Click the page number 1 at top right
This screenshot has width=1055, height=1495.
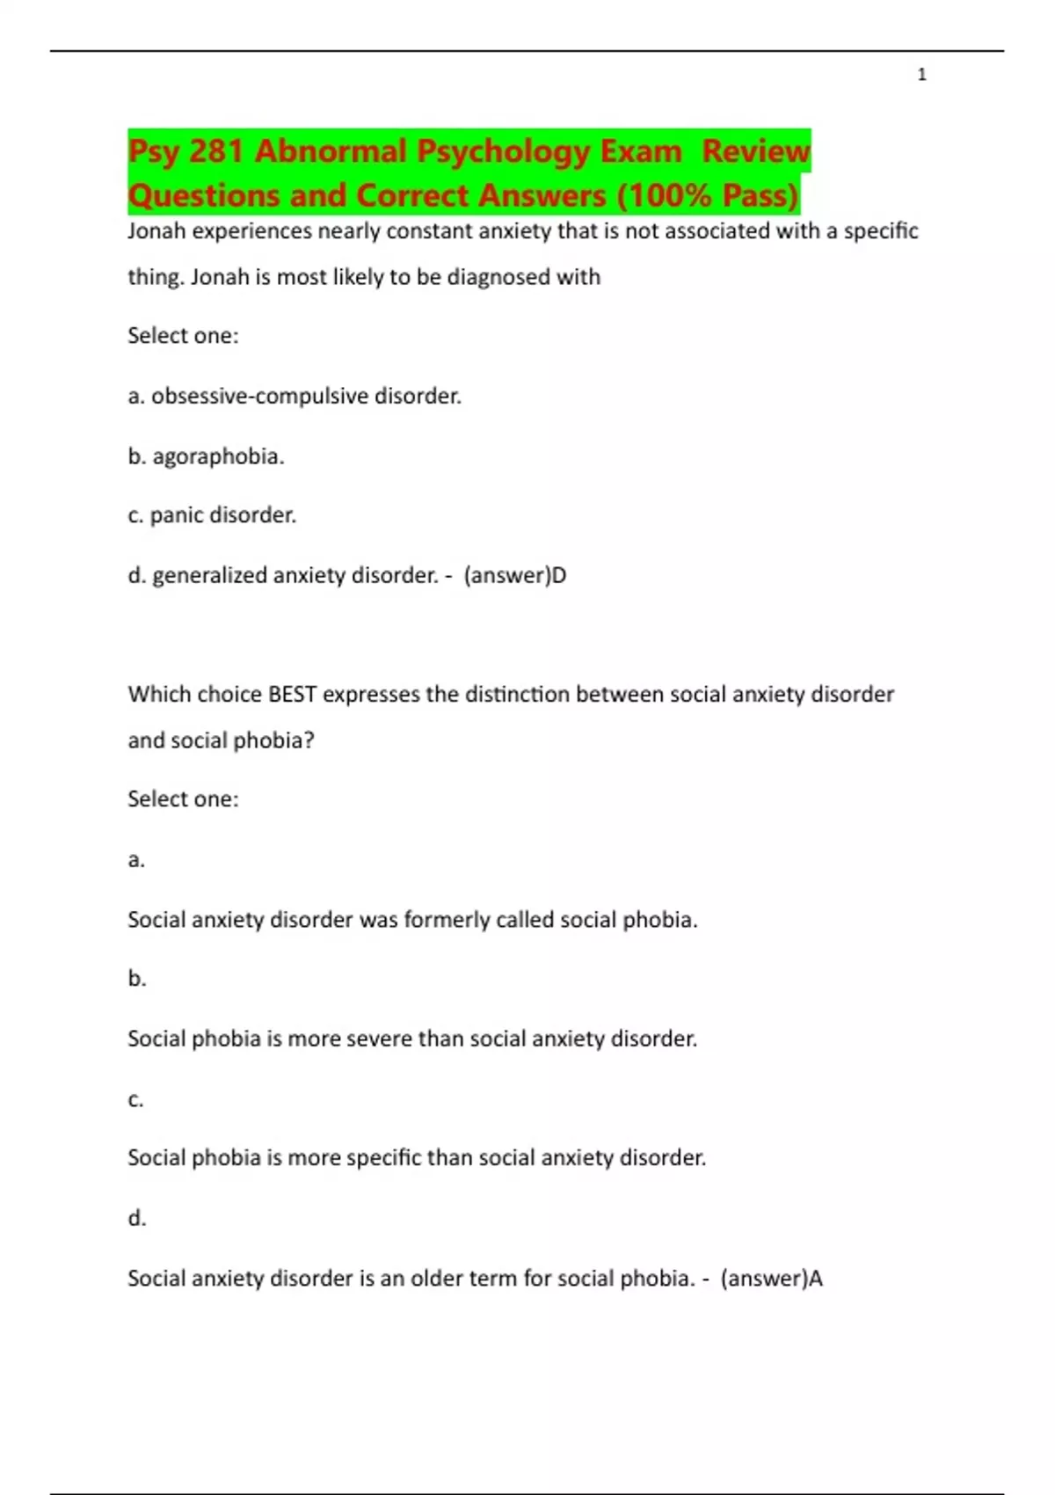(x=921, y=75)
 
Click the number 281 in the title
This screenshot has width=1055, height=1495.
(x=215, y=151)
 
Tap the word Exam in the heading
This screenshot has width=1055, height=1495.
(x=641, y=151)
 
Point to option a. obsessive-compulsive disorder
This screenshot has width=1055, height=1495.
(x=295, y=397)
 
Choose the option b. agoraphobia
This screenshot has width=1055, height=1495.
(x=206, y=456)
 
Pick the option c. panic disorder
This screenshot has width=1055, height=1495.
(x=212, y=515)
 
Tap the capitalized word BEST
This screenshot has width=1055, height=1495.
(x=292, y=695)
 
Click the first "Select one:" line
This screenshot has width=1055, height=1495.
(x=183, y=336)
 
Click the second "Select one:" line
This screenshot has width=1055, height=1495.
(x=183, y=799)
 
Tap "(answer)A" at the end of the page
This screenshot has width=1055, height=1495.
(x=771, y=1278)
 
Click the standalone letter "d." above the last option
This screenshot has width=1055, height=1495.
(x=136, y=1218)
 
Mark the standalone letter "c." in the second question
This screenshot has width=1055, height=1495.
(x=135, y=1099)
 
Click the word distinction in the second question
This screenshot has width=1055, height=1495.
(x=517, y=695)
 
